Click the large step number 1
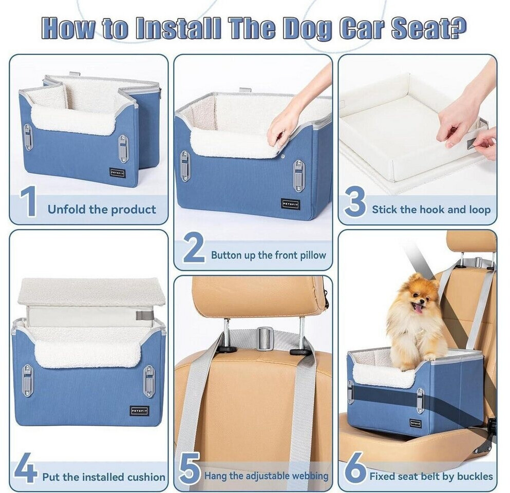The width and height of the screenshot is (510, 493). (29, 202)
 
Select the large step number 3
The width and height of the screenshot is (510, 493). (355, 202)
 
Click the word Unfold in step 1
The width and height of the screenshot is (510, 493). (67, 210)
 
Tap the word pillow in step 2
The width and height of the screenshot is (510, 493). (313, 255)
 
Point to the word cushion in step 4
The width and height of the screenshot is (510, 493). (146, 477)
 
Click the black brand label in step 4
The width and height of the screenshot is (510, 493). (140, 411)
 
